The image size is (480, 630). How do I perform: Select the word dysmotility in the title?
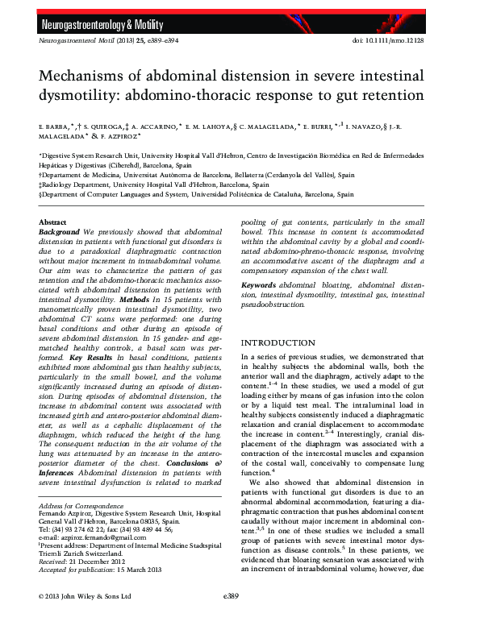point(77,97)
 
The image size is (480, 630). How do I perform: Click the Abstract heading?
point(53,222)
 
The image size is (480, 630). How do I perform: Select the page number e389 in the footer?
point(234,619)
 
